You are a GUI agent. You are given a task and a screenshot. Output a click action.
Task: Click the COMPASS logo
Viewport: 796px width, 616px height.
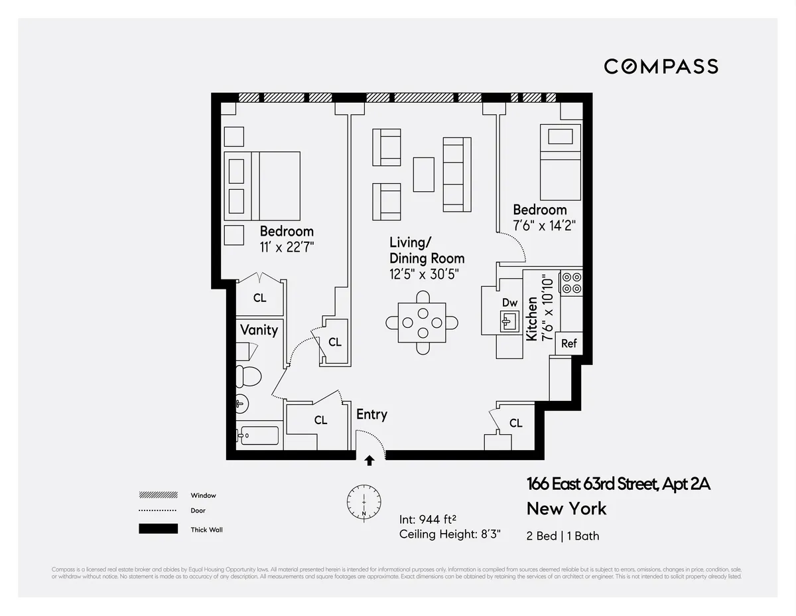click(661, 66)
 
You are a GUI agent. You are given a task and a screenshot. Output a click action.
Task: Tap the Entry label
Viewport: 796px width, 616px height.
click(371, 414)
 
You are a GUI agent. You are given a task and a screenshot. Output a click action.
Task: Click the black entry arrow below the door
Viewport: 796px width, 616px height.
click(369, 459)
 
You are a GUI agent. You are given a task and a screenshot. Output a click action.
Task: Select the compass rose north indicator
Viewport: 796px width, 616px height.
click(364, 501)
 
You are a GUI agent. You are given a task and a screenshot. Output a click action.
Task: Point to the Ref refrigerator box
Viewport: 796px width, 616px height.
click(568, 343)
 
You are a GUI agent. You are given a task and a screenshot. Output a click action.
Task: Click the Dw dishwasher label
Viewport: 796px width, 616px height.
click(509, 303)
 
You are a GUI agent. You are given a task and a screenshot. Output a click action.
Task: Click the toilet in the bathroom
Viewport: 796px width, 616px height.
click(249, 376)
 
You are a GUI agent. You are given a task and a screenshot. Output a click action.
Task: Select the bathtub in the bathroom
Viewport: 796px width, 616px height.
click(258, 437)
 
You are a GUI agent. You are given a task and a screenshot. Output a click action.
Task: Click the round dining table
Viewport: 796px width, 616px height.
click(422, 323)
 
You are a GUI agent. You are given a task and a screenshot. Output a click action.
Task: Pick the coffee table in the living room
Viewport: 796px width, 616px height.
click(423, 175)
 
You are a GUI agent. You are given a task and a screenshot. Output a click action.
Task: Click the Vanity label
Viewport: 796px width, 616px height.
click(259, 330)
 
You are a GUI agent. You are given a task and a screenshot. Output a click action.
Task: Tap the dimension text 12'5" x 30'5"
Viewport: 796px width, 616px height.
click(424, 273)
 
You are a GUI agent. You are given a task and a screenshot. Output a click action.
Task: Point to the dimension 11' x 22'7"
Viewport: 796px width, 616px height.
click(287, 247)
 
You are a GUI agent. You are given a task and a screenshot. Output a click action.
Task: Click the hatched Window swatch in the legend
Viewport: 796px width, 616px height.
click(158, 495)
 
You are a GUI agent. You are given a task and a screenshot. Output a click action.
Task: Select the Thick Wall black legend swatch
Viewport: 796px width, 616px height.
click(158, 529)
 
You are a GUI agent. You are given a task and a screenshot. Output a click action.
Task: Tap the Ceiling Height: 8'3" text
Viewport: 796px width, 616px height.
click(450, 534)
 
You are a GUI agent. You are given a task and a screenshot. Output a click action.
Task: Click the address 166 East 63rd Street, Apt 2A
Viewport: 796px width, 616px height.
click(618, 484)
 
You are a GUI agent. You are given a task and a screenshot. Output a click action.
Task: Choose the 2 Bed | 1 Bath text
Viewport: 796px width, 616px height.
click(563, 536)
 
